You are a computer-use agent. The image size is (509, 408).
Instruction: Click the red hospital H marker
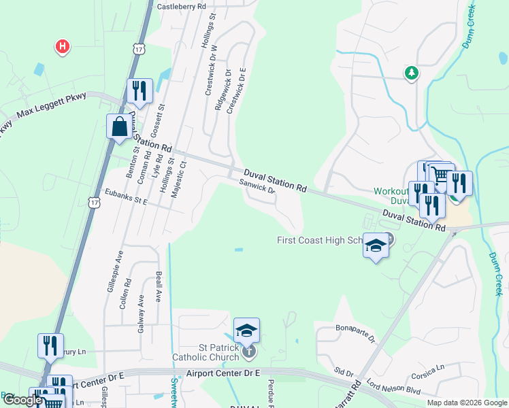point(63,46)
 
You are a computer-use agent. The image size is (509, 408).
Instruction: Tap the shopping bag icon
point(119,126)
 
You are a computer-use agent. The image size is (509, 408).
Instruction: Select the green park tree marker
point(411,72)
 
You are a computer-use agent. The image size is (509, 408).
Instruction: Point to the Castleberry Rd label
point(181,6)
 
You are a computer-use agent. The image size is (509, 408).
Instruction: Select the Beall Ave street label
point(158,285)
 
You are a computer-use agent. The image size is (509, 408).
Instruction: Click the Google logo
point(22,400)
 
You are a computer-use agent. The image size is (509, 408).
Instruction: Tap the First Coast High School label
point(321,240)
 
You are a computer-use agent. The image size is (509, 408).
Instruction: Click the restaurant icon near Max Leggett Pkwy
point(139,91)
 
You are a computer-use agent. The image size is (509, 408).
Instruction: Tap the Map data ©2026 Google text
point(467,402)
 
